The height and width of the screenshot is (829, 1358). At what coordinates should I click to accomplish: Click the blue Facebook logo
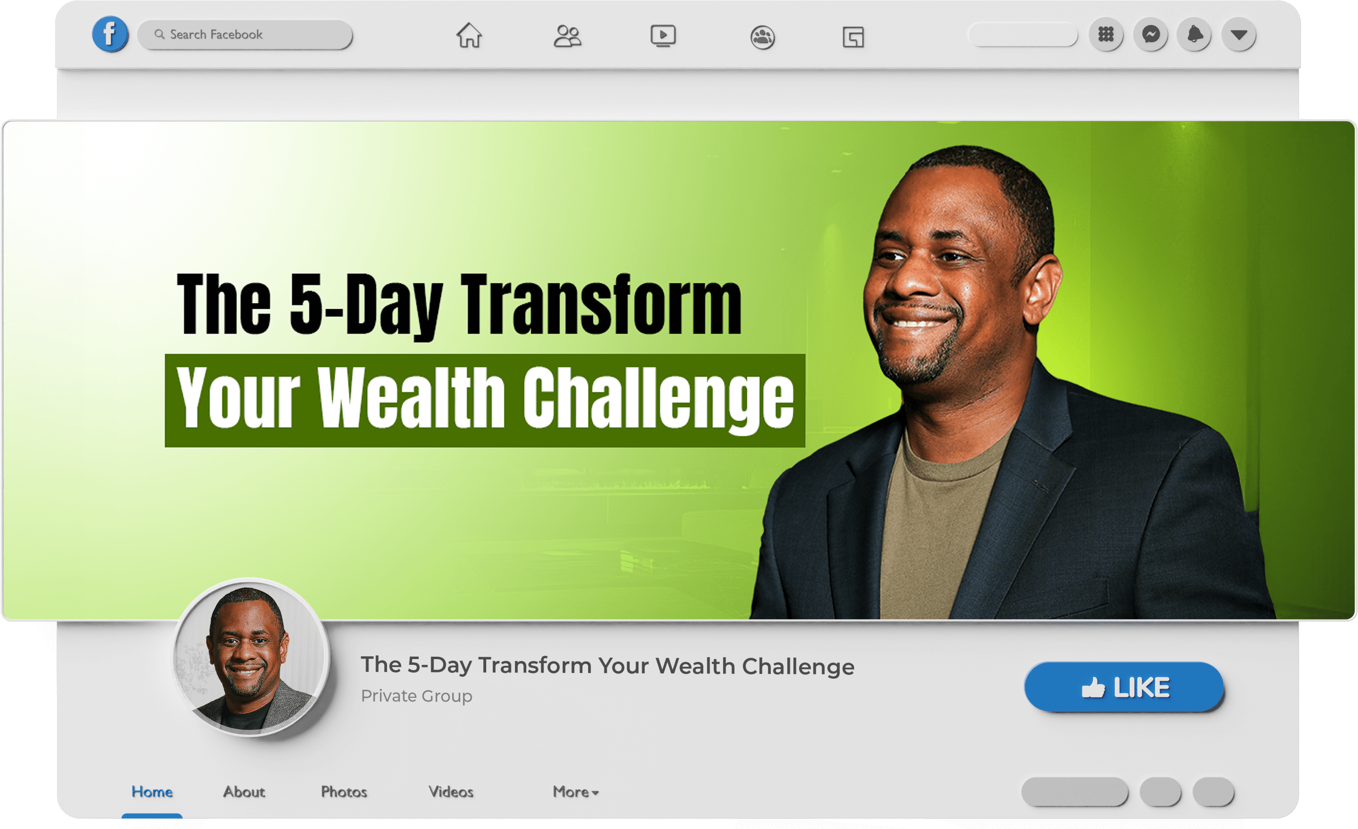coord(110,34)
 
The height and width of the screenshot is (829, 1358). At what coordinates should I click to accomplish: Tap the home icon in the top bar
coord(469,35)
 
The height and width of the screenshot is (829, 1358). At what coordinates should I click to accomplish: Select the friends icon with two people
coord(567,36)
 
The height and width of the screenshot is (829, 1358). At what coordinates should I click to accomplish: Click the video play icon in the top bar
coord(663,36)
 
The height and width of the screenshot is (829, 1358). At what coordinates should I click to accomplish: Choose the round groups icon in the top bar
coord(763,37)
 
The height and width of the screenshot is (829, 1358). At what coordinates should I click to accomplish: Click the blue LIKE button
coord(1124,687)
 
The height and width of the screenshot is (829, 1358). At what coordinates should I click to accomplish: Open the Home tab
coord(152,792)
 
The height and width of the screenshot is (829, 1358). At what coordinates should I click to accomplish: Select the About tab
coord(244,792)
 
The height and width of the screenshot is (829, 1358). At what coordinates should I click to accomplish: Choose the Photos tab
coord(344,792)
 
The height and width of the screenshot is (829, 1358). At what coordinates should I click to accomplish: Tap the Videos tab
coord(451,792)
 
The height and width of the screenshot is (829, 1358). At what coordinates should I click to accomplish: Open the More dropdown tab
coord(575,792)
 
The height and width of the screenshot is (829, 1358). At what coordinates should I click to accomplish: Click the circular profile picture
coord(251,657)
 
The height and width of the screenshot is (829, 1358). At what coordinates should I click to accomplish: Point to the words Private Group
coord(417,696)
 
